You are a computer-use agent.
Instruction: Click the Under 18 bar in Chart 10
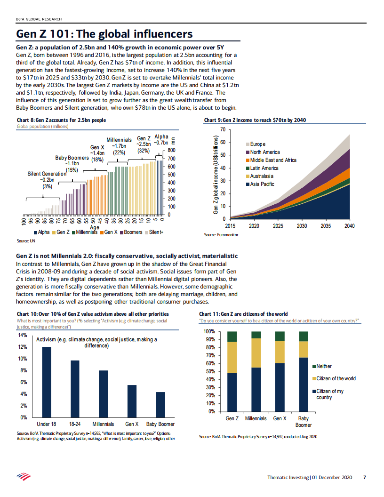pyautogui.click(x=47, y=382)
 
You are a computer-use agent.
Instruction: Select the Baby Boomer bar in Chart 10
pyautogui.click(x=161, y=405)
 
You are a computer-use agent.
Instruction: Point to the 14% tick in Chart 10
pyautogui.click(x=22, y=335)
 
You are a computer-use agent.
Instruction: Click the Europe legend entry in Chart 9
pyautogui.click(x=257, y=144)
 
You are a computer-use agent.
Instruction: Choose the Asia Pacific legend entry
pyautogui.click(x=262, y=184)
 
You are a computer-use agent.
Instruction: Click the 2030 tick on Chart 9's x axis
pyautogui.click(x=302, y=226)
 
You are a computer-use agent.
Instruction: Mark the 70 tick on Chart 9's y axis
pyautogui.click(x=223, y=129)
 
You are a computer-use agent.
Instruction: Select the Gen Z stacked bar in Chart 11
pyautogui.click(x=232, y=371)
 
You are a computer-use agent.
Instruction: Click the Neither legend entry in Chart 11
pyautogui.click(x=324, y=366)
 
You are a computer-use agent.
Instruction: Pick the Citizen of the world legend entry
pyautogui.click(x=336, y=378)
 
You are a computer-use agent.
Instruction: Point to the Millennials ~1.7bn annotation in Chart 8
pyautogui.click(x=119, y=146)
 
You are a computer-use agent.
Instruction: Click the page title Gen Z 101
pyautogui.click(x=104, y=34)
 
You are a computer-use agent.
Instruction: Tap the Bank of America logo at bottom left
pyautogui.click(x=23, y=476)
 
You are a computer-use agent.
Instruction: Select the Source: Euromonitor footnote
pyautogui.click(x=221, y=234)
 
